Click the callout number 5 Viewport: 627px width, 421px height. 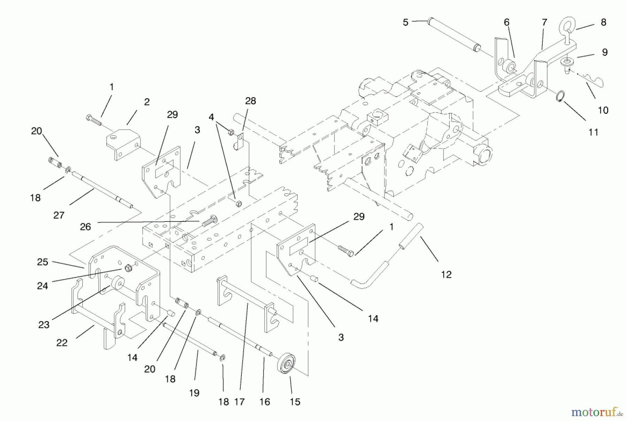point(405,23)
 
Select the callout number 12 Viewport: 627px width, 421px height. point(446,274)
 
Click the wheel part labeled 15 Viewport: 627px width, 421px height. point(287,364)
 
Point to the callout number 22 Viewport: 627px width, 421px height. point(62,343)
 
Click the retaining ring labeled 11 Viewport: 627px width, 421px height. point(559,96)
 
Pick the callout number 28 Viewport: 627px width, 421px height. point(250,101)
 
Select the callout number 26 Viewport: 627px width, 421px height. point(85,227)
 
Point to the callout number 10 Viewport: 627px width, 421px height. point(603,110)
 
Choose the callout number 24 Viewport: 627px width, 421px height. point(42,286)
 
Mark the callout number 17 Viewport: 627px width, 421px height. point(239,402)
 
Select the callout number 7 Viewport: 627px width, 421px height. point(544,23)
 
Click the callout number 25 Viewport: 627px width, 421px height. point(42,262)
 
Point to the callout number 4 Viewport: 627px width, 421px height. point(211,117)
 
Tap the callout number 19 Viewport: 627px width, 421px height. point(194,393)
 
